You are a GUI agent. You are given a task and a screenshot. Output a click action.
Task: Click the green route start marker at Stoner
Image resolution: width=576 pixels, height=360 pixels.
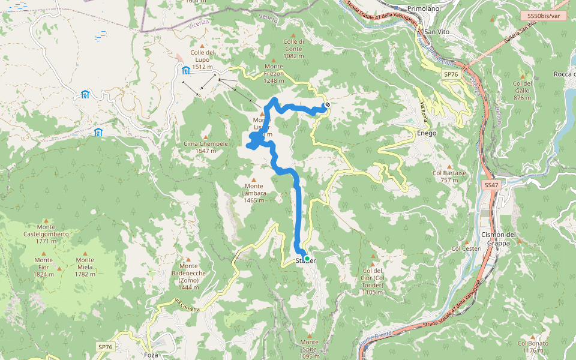(x=307, y=259)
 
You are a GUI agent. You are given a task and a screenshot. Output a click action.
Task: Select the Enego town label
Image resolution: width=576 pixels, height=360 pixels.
(x=427, y=133)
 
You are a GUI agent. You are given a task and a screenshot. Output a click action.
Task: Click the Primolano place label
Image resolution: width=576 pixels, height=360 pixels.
(x=424, y=8)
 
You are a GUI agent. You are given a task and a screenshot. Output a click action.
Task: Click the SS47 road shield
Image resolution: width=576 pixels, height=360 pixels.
(x=491, y=185)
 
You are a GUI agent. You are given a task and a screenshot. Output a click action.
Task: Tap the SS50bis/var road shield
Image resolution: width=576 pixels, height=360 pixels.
(x=544, y=16)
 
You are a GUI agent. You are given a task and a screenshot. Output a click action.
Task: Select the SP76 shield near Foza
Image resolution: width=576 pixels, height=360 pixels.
(x=106, y=347)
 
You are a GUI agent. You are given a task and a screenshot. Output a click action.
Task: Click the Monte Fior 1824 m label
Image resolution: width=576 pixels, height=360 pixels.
(x=43, y=267)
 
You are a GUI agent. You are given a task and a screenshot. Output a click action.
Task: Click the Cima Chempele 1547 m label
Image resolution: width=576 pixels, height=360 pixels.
(x=206, y=148)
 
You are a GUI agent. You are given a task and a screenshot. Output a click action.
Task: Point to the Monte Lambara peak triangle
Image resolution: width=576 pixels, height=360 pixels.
(x=254, y=179)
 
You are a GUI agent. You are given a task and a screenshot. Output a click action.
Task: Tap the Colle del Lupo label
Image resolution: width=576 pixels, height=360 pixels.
(x=202, y=56)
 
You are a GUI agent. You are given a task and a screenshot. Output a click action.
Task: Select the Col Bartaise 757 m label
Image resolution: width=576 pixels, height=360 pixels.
(x=449, y=176)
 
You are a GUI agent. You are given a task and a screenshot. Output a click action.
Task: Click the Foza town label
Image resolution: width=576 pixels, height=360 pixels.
(x=151, y=355)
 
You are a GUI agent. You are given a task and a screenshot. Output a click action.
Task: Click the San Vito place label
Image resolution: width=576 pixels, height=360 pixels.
(x=437, y=31)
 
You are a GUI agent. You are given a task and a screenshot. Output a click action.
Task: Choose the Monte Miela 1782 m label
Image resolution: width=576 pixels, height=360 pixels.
(x=85, y=267)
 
